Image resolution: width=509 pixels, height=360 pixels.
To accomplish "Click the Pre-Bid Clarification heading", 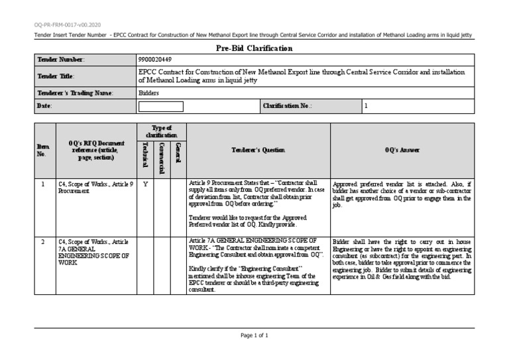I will click(254, 48).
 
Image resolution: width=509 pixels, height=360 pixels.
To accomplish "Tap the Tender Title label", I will click(56, 76).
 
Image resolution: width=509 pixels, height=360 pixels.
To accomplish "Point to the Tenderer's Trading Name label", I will click(75, 93).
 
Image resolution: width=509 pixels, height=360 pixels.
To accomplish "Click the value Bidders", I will click(148, 93).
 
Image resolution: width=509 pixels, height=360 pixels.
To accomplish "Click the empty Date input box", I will click(161, 105).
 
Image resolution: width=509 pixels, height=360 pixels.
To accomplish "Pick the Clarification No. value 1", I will click(367, 105).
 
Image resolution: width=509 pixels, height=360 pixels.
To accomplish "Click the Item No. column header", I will click(42, 150).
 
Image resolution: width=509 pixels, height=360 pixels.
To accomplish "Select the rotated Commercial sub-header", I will click(160, 158).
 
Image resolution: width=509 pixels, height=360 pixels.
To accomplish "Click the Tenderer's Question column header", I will click(258, 150).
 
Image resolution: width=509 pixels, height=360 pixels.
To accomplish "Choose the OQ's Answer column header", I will click(402, 150).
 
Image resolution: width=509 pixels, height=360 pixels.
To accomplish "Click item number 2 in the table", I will click(42, 242).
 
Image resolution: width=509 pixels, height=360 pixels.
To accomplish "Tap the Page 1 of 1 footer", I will click(254, 336).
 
